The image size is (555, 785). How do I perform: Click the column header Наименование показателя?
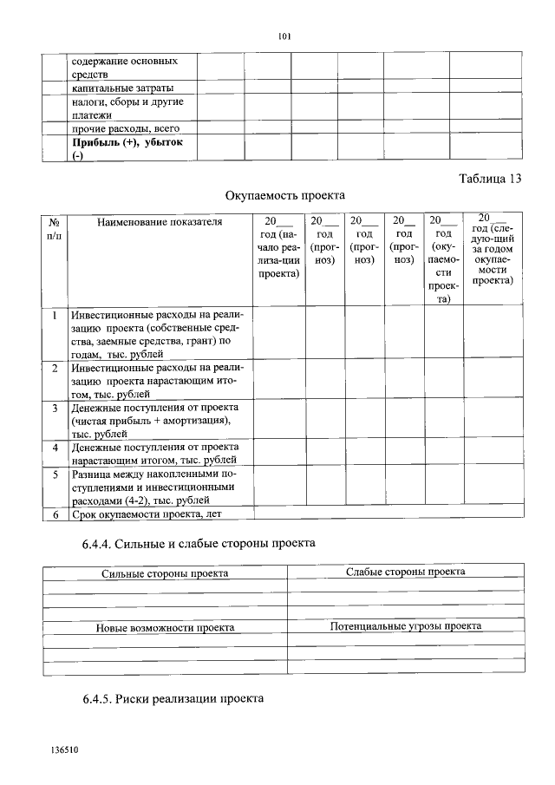(160, 222)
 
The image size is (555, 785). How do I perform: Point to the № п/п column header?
(55, 229)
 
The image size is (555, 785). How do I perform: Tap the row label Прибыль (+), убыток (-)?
(127, 148)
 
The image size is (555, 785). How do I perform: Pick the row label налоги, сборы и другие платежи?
(127, 108)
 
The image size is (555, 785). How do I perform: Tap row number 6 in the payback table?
(55, 515)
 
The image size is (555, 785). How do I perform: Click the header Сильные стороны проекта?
(165, 573)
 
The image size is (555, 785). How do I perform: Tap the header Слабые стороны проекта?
(405, 572)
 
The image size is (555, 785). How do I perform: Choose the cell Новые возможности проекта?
(165, 627)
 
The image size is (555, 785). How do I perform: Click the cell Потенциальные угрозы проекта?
(405, 625)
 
